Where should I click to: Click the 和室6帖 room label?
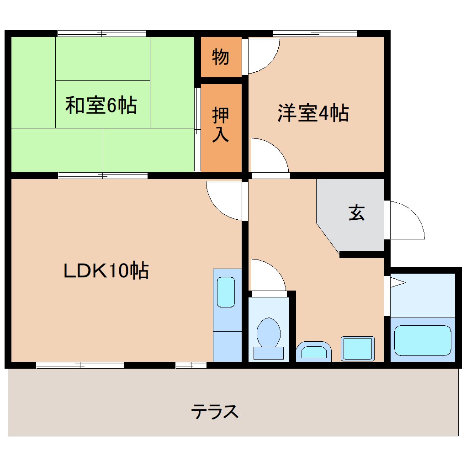point(101,106)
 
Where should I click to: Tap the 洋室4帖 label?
point(313,113)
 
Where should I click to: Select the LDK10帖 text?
point(106,270)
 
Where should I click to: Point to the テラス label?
point(215,412)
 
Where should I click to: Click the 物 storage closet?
point(221,57)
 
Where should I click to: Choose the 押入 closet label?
point(221,126)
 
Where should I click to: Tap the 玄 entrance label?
point(357,213)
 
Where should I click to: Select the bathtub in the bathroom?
point(423,340)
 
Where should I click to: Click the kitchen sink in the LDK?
point(226,292)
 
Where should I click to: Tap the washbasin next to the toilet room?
point(314,352)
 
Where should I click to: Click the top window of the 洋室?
point(315,33)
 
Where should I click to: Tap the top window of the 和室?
point(101,33)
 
